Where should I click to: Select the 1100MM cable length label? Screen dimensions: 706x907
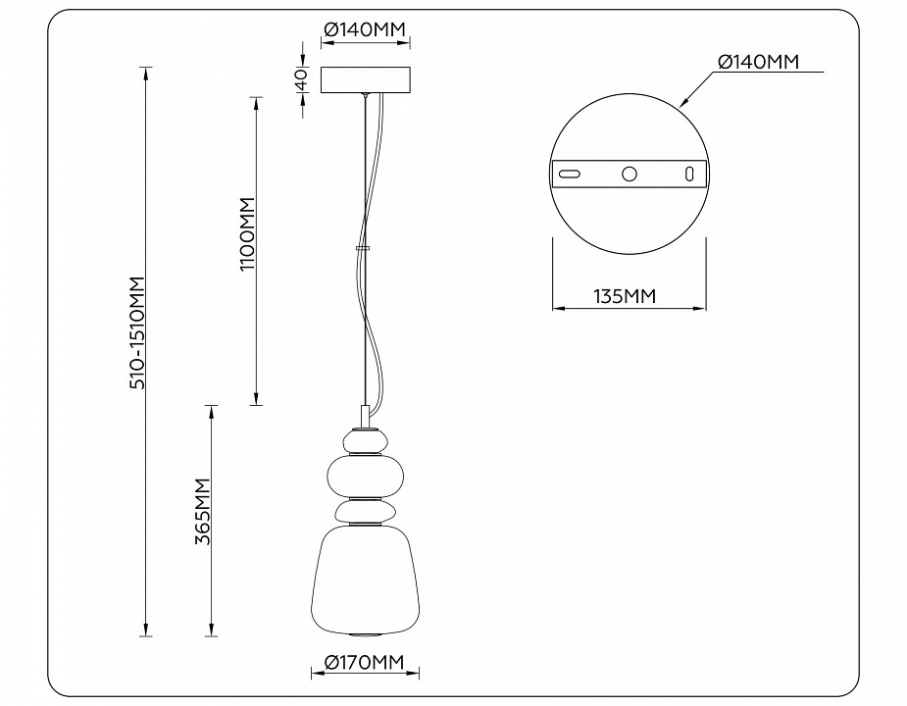pyautogui.click(x=246, y=235)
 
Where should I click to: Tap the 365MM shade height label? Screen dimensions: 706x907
pyautogui.click(x=202, y=515)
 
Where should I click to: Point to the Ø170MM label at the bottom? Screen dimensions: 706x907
pyautogui.click(x=365, y=662)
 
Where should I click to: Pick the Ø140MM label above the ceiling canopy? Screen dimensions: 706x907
pyautogui.click(x=365, y=31)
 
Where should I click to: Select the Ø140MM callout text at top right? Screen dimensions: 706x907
pyautogui.click(x=758, y=62)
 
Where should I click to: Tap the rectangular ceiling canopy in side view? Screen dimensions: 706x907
pyautogui.click(x=366, y=80)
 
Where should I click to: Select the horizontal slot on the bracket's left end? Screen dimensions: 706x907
pyautogui.click(x=569, y=174)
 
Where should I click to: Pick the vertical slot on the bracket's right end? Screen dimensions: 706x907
pyautogui.click(x=689, y=174)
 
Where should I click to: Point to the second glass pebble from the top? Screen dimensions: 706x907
pyautogui.click(x=365, y=476)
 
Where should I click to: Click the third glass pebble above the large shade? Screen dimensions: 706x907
pyautogui.click(x=365, y=511)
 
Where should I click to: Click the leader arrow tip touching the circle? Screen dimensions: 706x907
pyautogui.click(x=681, y=104)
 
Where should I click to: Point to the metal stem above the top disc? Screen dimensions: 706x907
pyautogui.click(x=365, y=416)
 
